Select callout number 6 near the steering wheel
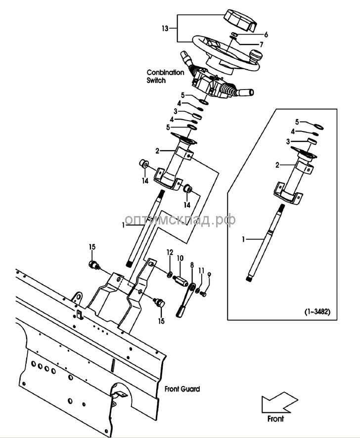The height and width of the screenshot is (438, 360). click(x=266, y=35)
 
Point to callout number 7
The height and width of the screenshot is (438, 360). click(x=261, y=44)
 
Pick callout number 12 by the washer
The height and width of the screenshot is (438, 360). click(x=169, y=253)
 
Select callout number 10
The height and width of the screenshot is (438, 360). click(x=180, y=258)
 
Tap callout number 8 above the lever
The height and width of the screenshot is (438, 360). click(x=192, y=265)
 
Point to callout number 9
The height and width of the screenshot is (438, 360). click(x=209, y=275)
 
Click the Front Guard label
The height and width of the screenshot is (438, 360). click(x=182, y=389)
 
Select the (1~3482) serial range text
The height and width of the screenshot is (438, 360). click(x=317, y=312)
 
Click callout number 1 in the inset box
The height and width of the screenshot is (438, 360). click(x=243, y=239)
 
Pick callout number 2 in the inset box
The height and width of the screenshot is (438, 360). click(x=278, y=165)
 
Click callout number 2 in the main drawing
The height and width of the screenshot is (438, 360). click(x=157, y=150)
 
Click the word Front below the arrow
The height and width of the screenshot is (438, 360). click(x=275, y=419)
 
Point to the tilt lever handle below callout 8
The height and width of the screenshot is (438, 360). click(x=181, y=311)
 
